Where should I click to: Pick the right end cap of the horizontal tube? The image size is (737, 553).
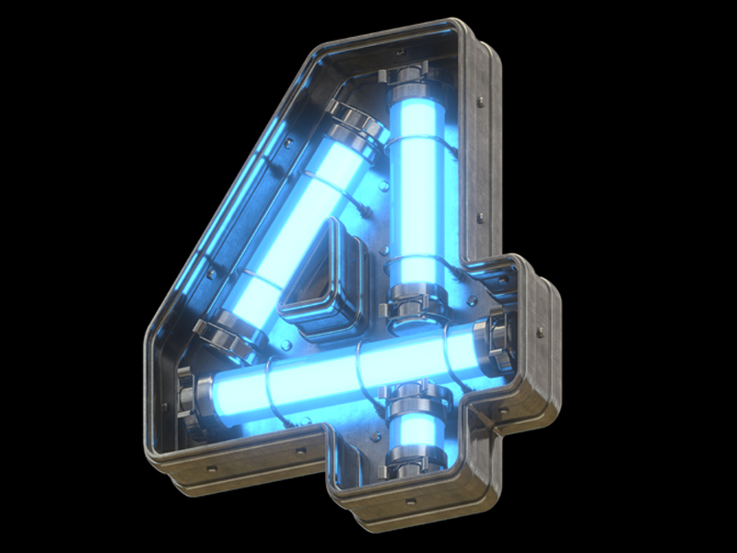coord(494,337)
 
